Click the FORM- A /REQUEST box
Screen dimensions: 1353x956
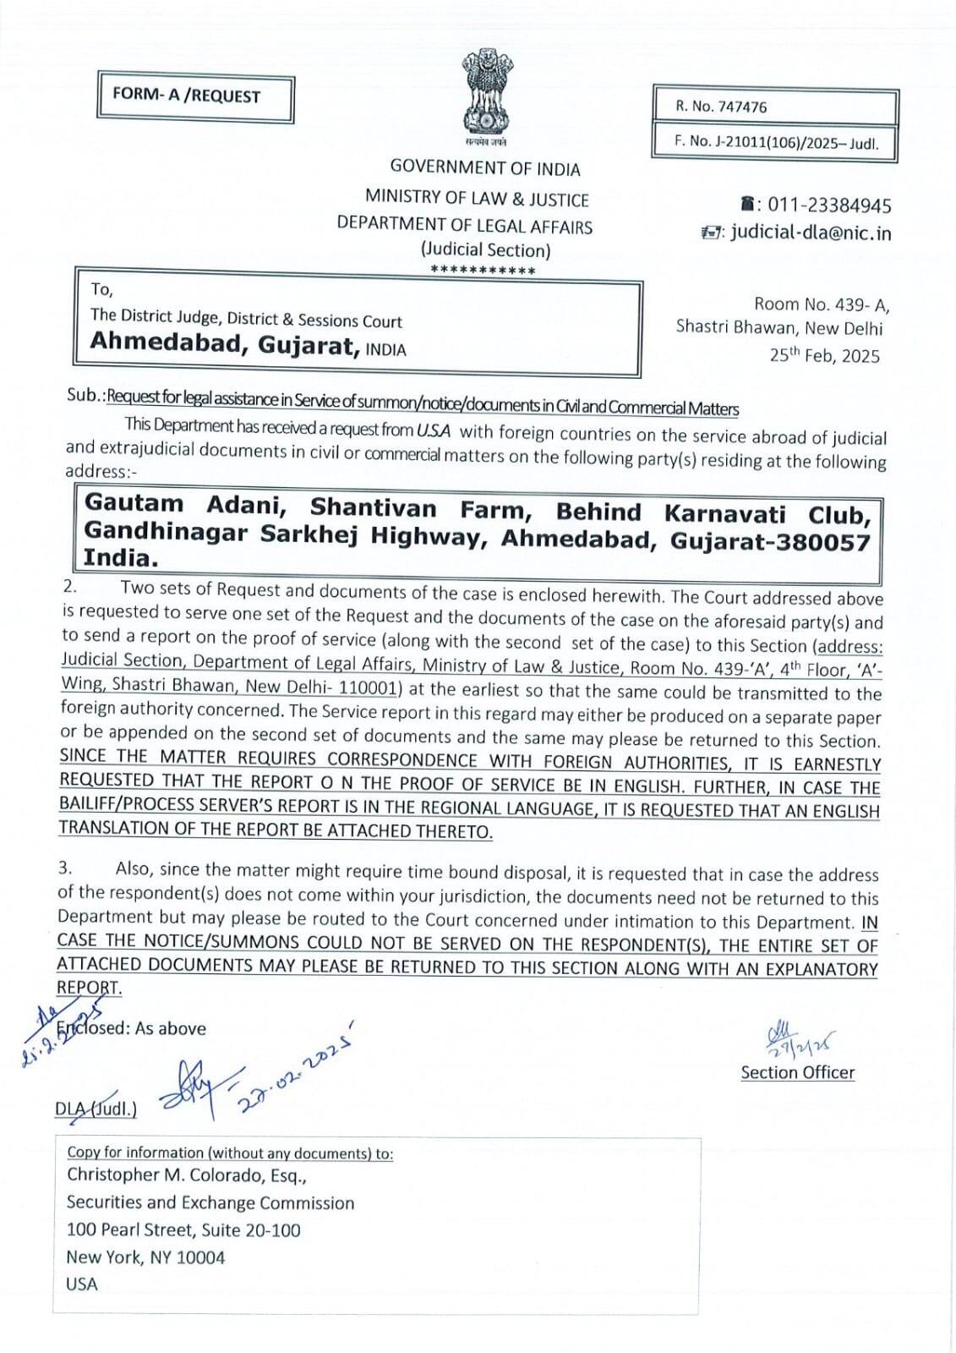196,97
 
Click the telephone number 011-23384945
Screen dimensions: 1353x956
825,205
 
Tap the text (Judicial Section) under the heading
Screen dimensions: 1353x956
485,250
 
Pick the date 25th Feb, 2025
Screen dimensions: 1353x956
824,355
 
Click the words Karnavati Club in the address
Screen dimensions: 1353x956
768,513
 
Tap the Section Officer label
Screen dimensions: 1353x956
797,1073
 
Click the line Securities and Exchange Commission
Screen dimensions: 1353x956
210,1203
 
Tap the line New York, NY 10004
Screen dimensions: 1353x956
145,1257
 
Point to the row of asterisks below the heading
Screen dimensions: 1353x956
483,271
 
